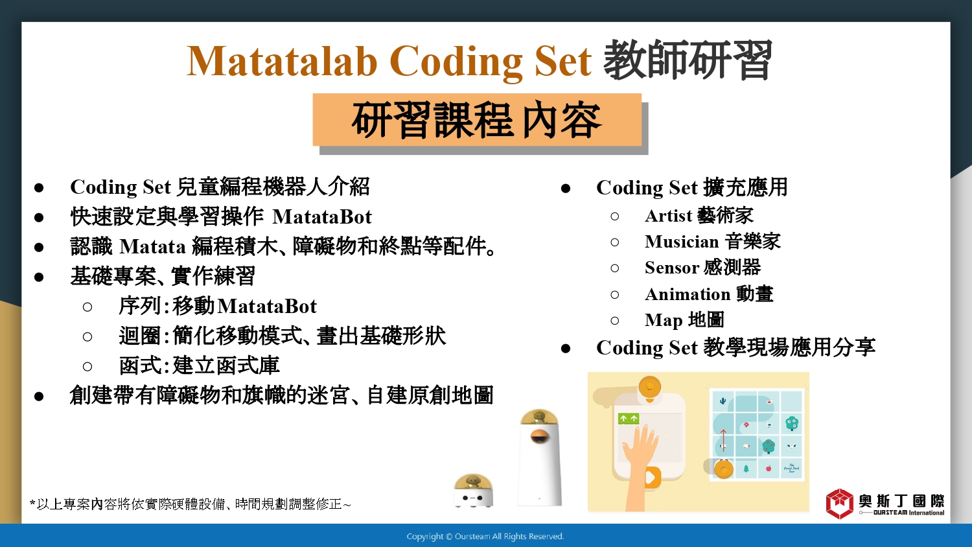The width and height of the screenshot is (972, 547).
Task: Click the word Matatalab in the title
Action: [282, 61]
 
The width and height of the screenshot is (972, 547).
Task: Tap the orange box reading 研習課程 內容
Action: [477, 120]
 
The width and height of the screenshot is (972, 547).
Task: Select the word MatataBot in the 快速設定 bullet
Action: [322, 216]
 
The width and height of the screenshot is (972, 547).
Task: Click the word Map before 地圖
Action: [664, 321]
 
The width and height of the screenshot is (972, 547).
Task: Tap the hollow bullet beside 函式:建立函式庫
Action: [87, 366]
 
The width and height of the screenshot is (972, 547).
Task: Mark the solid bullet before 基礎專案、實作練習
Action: [39, 277]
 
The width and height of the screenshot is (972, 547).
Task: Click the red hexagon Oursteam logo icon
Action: [839, 504]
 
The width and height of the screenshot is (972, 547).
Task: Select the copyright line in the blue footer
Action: [485, 537]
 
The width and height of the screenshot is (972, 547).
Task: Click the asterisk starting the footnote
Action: [32, 503]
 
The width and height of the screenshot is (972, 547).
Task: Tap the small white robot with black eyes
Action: [473, 491]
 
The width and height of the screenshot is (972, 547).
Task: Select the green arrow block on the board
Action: [629, 419]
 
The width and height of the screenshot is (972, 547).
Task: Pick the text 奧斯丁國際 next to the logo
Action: [901, 501]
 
